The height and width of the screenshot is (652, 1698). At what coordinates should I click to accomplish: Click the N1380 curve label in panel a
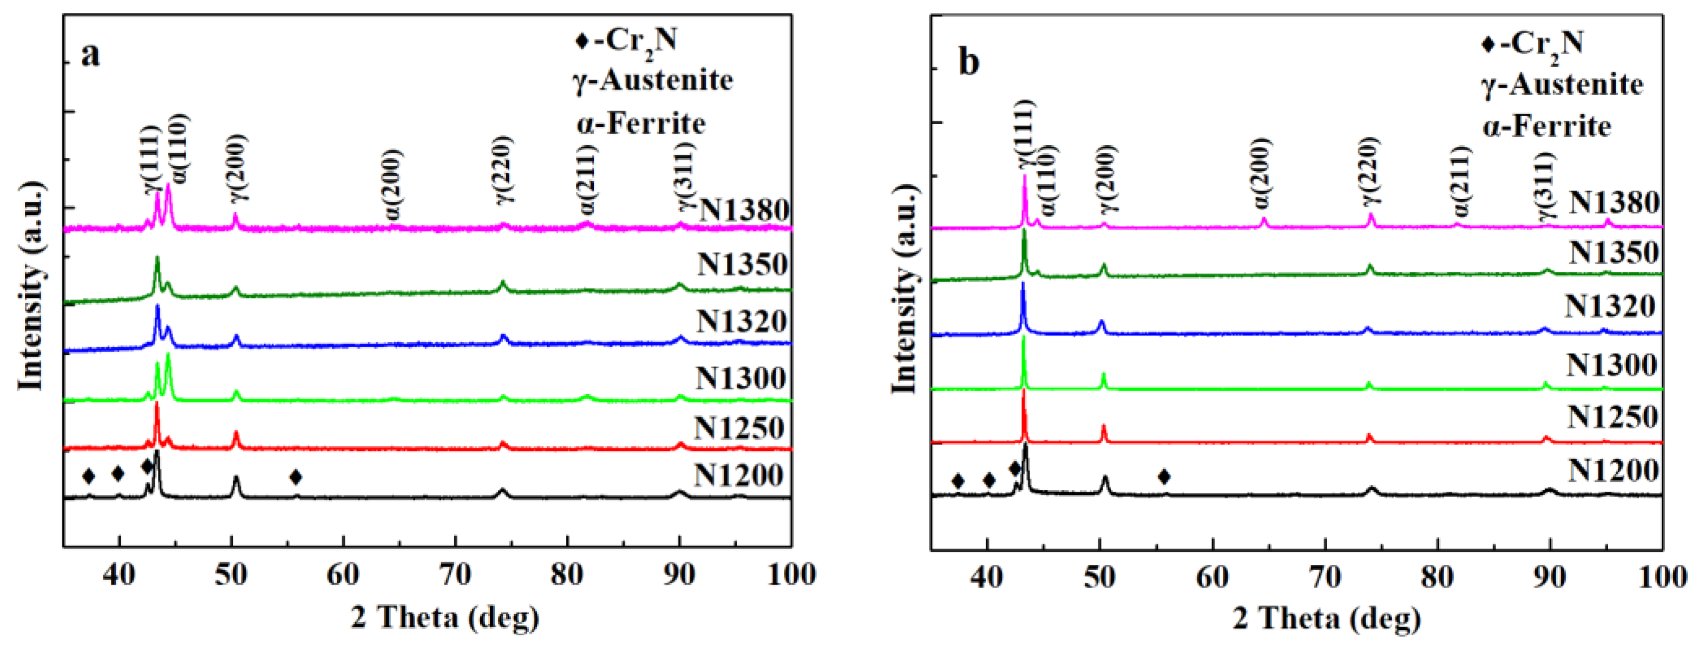[744, 210]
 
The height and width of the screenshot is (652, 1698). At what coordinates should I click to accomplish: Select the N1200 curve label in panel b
[1613, 470]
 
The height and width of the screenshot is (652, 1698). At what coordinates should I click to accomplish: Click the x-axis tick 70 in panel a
[455, 575]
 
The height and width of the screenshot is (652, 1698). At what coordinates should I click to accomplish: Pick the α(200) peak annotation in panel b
[1262, 173]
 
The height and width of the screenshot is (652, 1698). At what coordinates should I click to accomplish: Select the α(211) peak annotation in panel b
[1461, 182]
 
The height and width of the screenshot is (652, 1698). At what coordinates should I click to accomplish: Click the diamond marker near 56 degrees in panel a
[296, 477]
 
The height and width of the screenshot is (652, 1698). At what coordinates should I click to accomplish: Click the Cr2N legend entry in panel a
[626, 41]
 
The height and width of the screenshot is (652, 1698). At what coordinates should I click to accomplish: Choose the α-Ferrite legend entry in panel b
[1546, 127]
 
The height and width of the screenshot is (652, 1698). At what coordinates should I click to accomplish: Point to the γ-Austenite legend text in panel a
[653, 81]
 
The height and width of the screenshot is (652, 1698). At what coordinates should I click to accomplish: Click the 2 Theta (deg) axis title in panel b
[1326, 619]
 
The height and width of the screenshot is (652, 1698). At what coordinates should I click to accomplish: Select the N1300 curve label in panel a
[741, 378]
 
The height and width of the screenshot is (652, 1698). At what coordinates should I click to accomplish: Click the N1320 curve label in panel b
[1610, 306]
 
